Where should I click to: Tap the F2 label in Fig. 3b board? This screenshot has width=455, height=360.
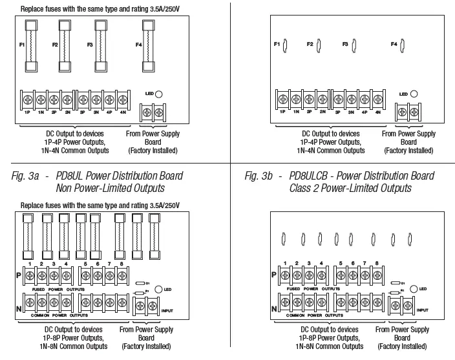(x=310, y=45)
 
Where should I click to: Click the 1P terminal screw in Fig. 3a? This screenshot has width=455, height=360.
(x=27, y=100)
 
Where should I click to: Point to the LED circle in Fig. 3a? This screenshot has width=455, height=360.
(x=159, y=94)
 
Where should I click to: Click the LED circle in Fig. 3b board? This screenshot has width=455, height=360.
(x=414, y=94)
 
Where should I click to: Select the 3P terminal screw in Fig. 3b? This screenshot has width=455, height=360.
(x=338, y=100)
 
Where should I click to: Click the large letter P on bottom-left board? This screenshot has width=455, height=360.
(x=18, y=275)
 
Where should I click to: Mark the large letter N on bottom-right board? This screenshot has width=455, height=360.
(x=274, y=308)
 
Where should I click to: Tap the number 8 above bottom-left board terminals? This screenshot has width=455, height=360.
(x=121, y=264)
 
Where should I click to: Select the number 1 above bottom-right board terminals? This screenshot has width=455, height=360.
(x=285, y=264)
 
